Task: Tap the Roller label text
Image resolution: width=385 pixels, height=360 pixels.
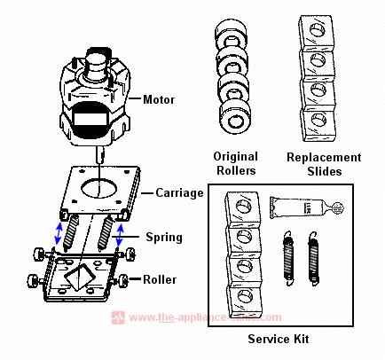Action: (160, 279)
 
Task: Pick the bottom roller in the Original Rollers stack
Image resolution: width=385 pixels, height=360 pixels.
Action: (236, 121)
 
